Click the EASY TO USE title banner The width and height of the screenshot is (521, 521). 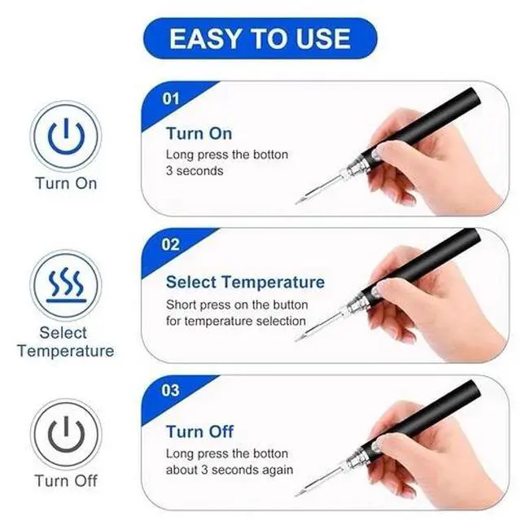pyautogui.click(x=260, y=38)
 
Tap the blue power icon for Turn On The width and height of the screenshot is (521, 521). pyautogui.click(x=65, y=136)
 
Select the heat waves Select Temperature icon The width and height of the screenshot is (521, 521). pyautogui.click(x=65, y=285)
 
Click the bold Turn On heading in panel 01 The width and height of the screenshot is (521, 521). pyautogui.click(x=199, y=134)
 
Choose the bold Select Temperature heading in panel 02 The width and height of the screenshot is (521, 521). pyautogui.click(x=245, y=282)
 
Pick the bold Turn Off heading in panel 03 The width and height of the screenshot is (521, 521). pyautogui.click(x=199, y=431)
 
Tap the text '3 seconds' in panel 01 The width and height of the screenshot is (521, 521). pyautogui.click(x=195, y=171)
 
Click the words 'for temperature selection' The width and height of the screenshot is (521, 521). pyautogui.click(x=232, y=320)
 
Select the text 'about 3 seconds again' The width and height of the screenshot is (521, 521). pyautogui.click(x=230, y=470)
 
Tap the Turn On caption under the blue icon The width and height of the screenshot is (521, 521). pyautogui.click(x=65, y=183)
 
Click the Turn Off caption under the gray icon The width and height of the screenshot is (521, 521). pyautogui.click(x=65, y=480)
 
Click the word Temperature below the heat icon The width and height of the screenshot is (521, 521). pyautogui.click(x=65, y=352)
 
